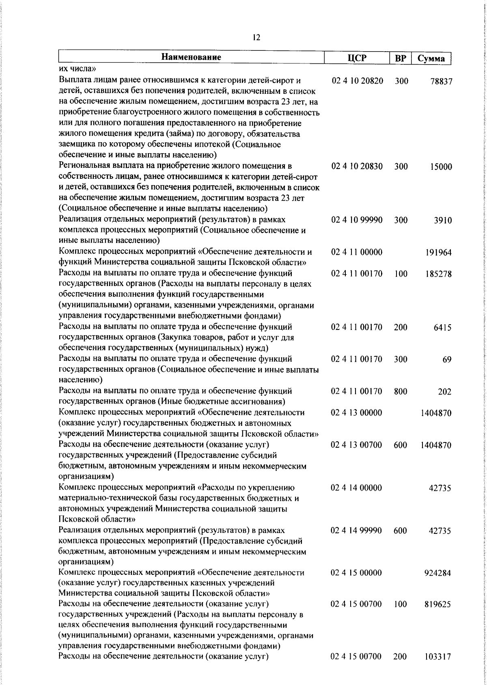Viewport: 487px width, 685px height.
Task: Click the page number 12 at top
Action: pyautogui.click(x=256, y=38)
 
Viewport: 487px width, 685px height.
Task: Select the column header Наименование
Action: pyautogui.click(x=192, y=57)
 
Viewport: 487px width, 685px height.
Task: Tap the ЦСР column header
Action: pyautogui.click(x=357, y=58)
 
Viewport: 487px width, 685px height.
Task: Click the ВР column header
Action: pyautogui.click(x=401, y=59)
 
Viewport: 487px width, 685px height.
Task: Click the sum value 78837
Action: pyautogui.click(x=441, y=82)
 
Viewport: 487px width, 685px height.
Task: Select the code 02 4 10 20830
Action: pyautogui.click(x=357, y=167)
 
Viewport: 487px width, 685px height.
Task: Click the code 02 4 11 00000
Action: pyautogui.click(x=357, y=252)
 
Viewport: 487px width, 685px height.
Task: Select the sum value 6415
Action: pyautogui.click(x=443, y=327)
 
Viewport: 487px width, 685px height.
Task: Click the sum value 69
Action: pyautogui.click(x=447, y=360)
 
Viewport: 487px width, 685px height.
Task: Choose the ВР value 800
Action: pyautogui.click(x=400, y=392)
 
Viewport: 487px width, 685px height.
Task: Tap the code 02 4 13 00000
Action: pyautogui.click(x=357, y=413)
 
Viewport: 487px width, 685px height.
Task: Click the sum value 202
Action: pyautogui.click(x=445, y=392)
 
